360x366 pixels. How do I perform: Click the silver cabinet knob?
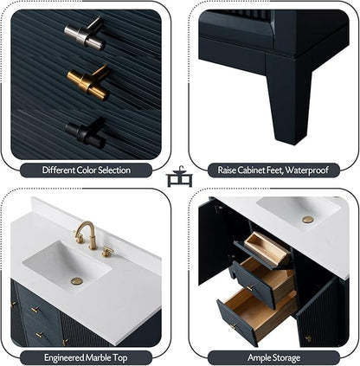[84, 34]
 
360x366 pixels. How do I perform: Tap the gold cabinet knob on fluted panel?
[88, 82]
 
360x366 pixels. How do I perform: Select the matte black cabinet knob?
[86, 132]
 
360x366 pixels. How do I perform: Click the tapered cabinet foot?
[289, 98]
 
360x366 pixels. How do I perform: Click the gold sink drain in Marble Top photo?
[77, 281]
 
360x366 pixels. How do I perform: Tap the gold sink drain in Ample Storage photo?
[308, 220]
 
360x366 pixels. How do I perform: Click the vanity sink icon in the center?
[179, 177]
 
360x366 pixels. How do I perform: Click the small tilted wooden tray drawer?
[267, 249]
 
